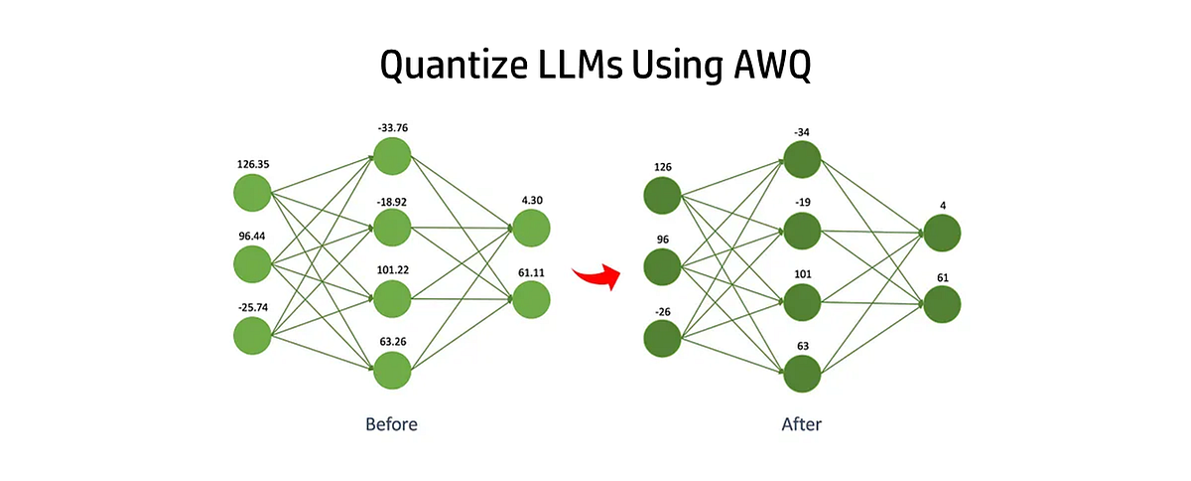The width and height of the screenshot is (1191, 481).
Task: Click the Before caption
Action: pos(391,424)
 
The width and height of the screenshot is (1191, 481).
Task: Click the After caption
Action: pos(802,424)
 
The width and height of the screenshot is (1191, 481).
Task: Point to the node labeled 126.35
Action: pos(252,192)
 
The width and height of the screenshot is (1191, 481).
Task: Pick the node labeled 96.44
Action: pos(252,264)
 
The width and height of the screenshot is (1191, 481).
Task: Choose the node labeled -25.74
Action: pos(252,336)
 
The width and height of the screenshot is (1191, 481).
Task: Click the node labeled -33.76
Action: pos(391,156)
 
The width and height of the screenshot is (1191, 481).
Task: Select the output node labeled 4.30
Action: pos(531,228)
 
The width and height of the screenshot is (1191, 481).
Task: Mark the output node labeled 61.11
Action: pos(531,299)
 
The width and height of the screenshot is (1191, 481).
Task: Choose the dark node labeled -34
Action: pos(802,160)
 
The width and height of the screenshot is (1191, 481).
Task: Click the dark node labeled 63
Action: pos(802,374)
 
